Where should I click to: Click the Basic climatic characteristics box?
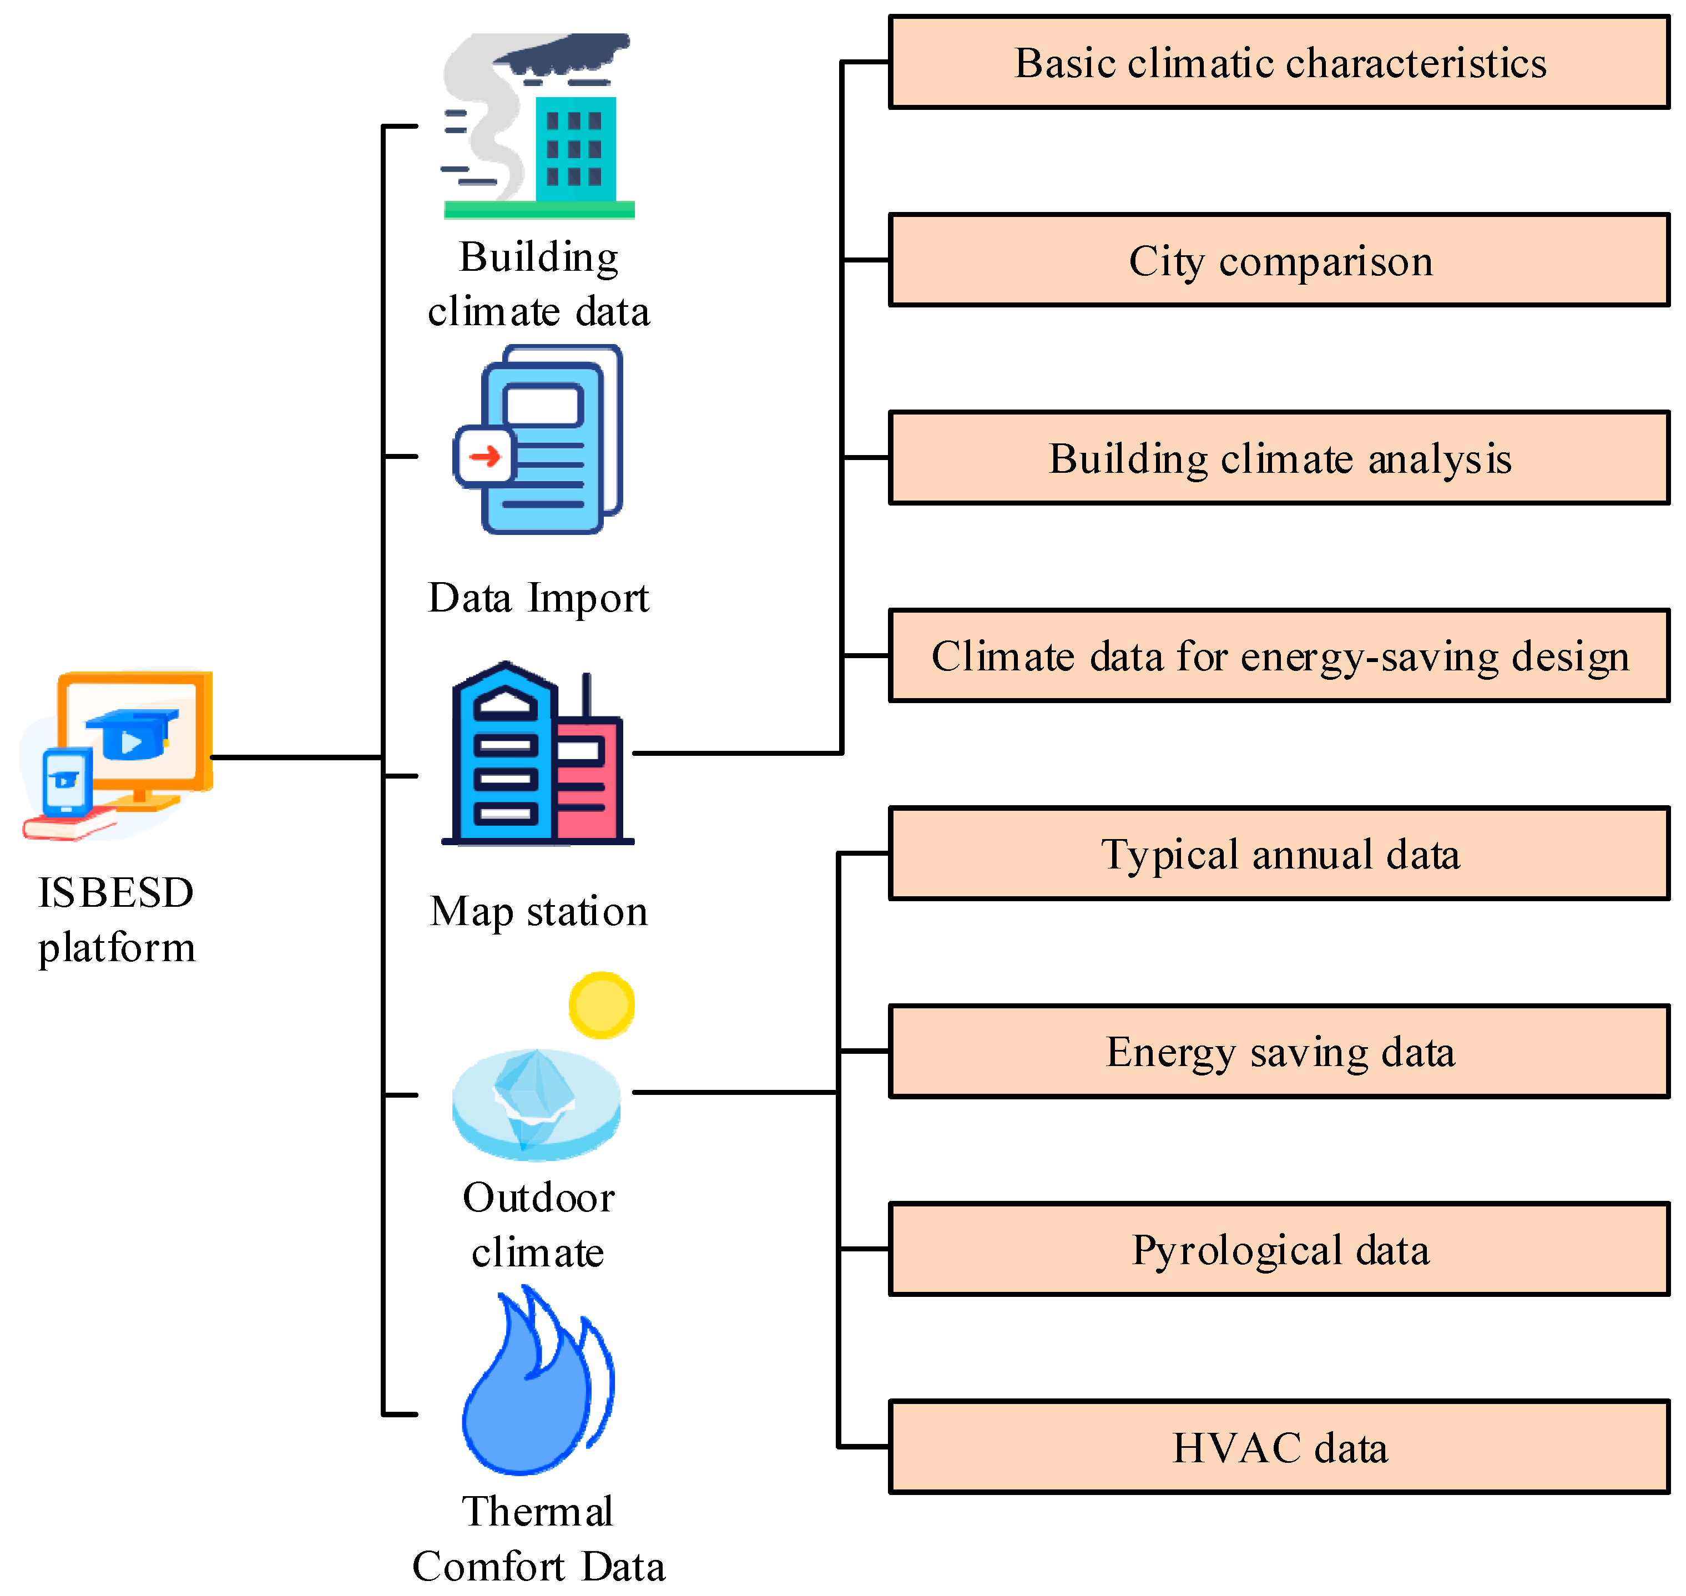(1279, 62)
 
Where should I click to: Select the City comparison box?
(1279, 260)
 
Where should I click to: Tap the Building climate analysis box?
(1279, 458)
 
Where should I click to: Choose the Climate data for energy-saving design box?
(1279, 656)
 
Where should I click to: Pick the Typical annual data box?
(1279, 853)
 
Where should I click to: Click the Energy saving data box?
(1279, 1052)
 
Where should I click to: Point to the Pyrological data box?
(1279, 1249)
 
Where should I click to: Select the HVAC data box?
(1279, 1447)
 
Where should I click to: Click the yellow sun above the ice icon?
(602, 1005)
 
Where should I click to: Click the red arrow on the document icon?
(485, 457)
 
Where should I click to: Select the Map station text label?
(538, 911)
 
